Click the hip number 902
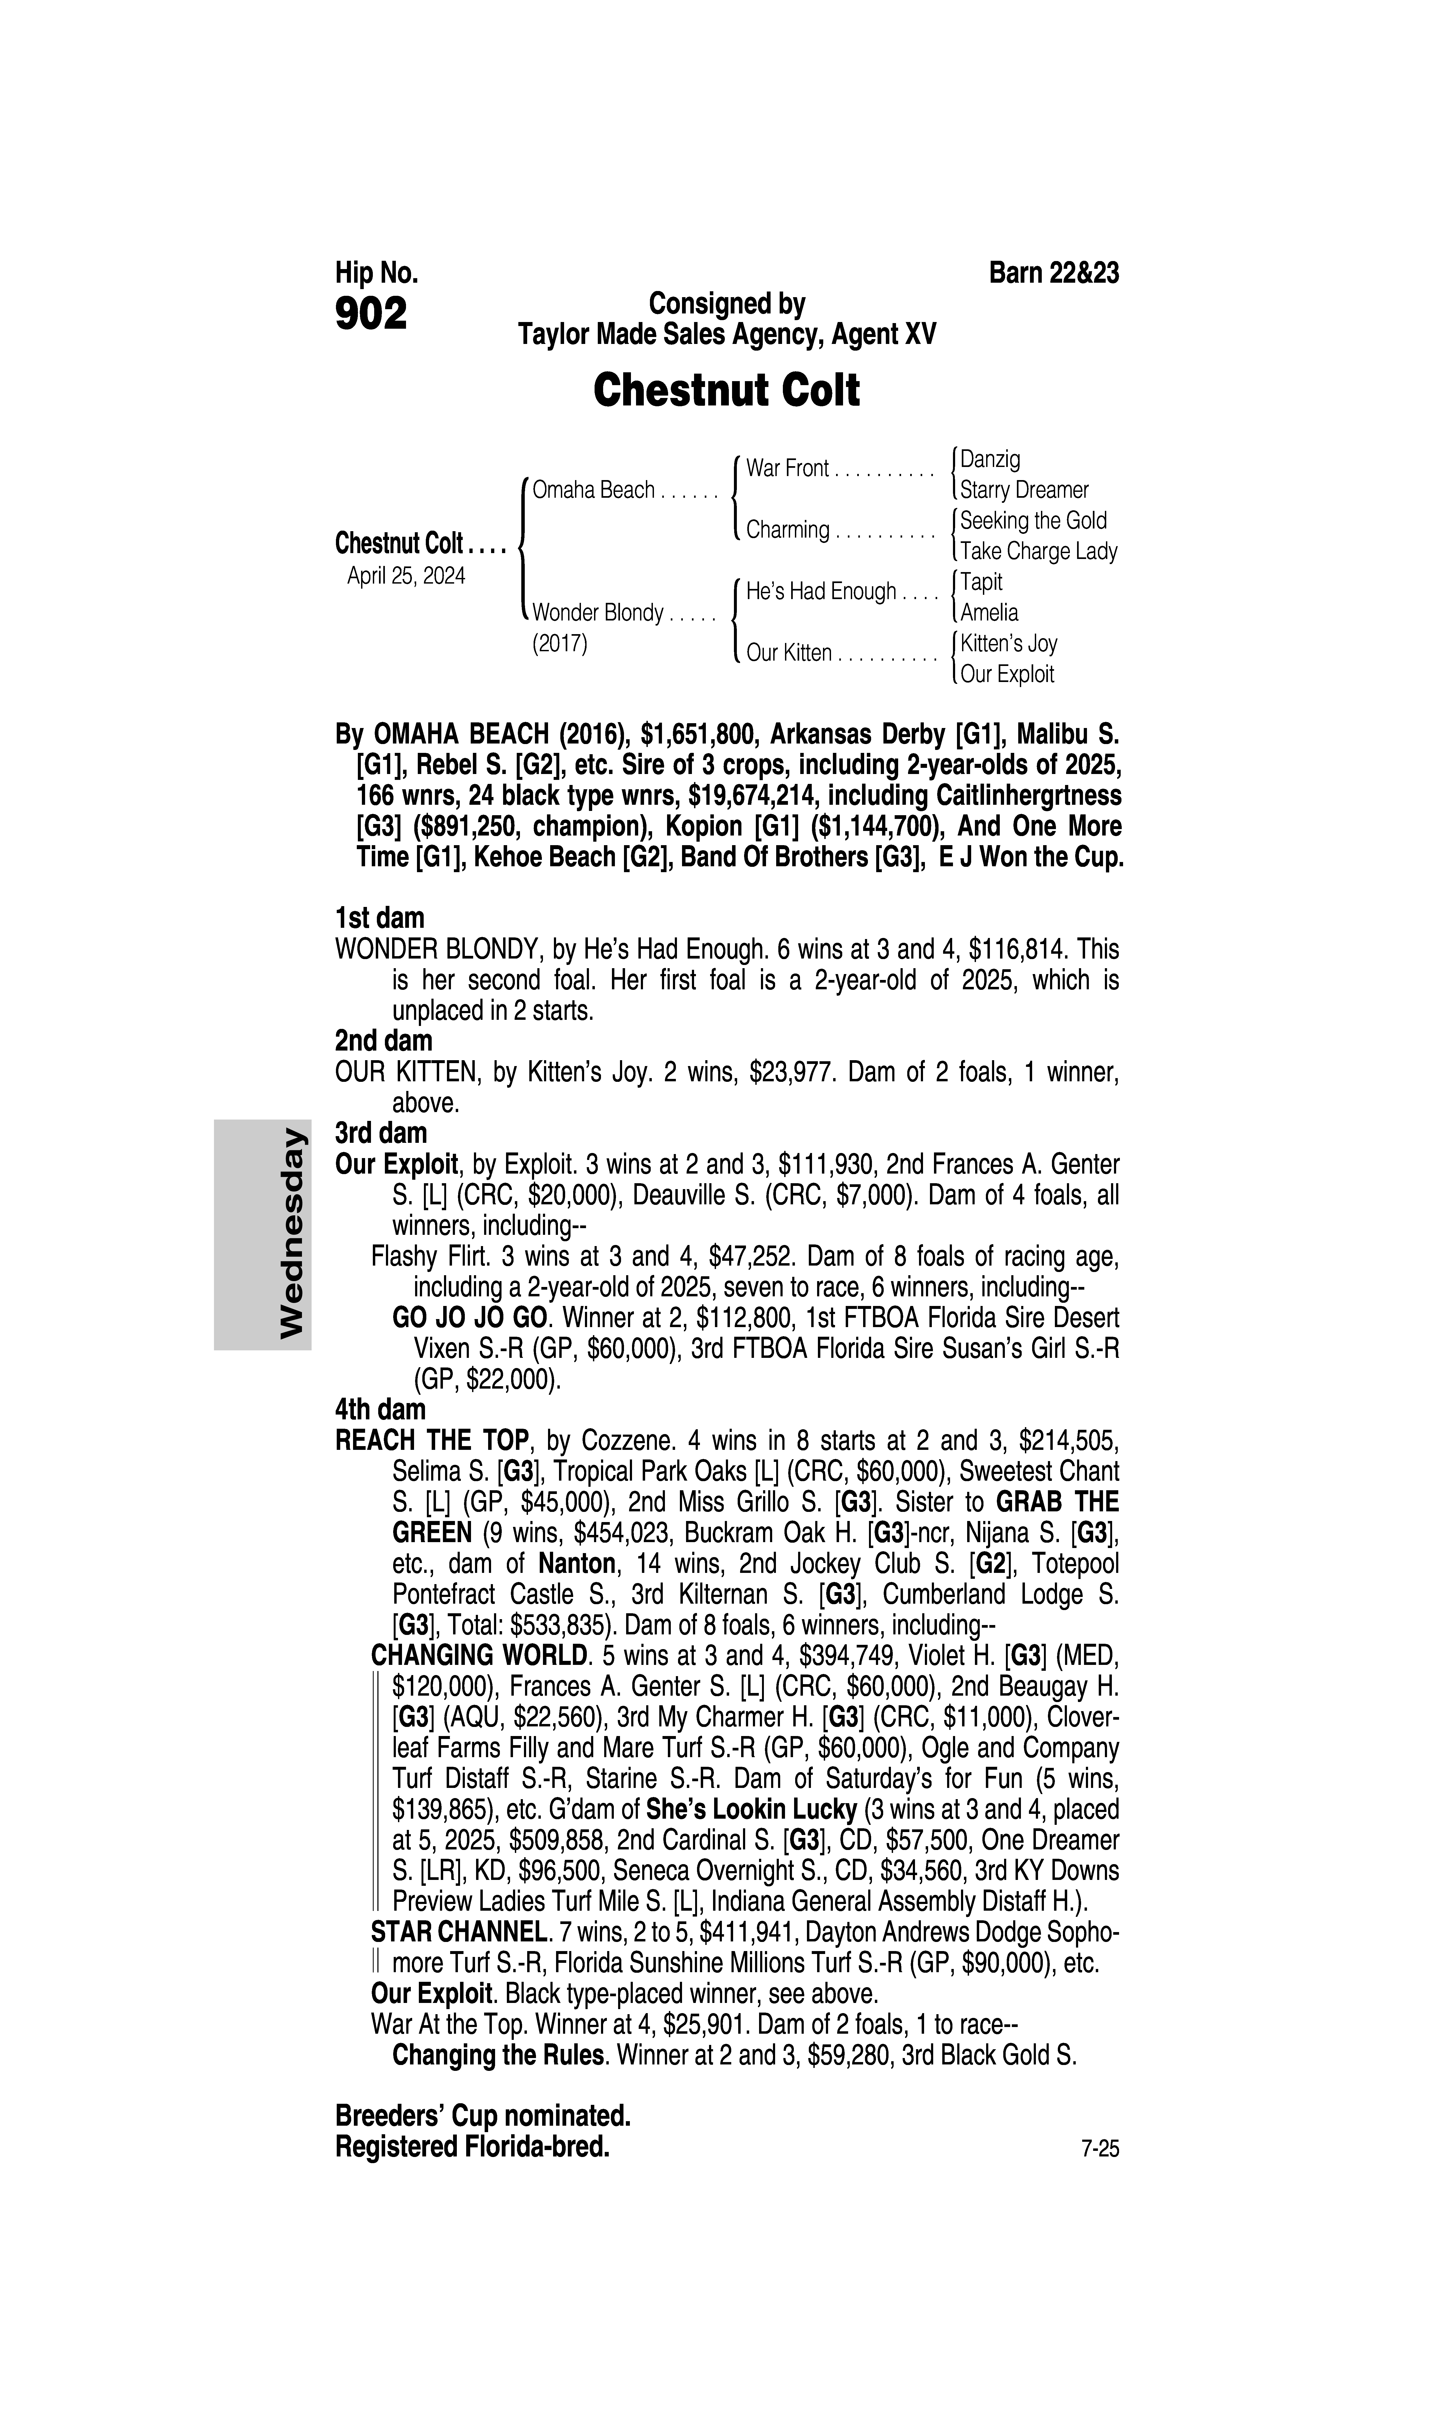click(x=371, y=315)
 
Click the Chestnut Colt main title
click(x=726, y=390)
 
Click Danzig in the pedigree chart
click(x=990, y=459)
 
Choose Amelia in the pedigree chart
click(x=989, y=613)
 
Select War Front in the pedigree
click(x=787, y=469)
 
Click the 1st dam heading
click(x=380, y=918)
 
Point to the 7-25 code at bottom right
click(x=1099, y=2150)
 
